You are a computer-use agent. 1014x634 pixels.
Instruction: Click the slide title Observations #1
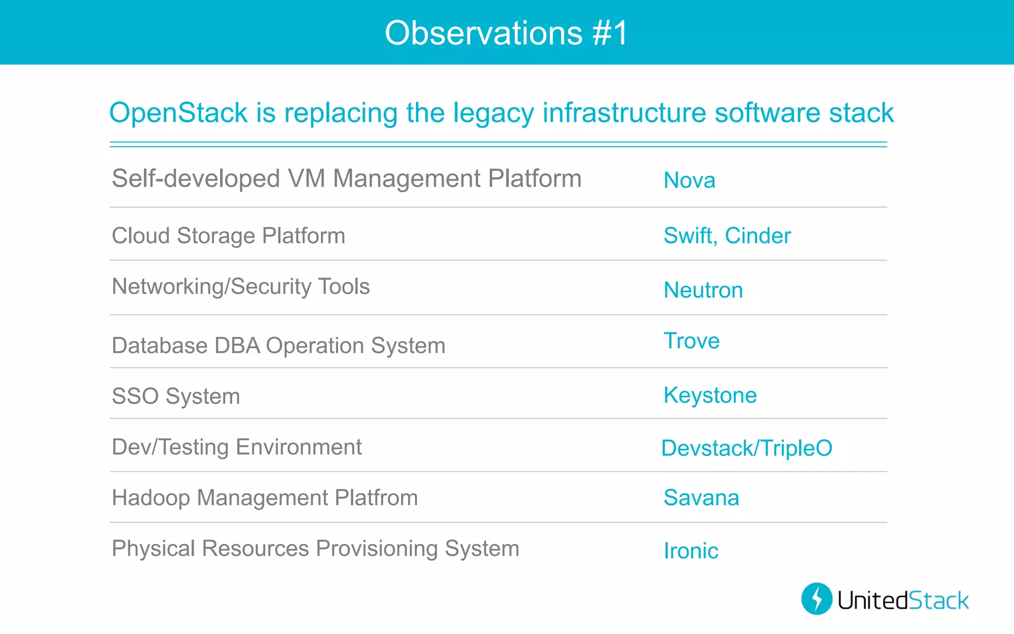coord(506,33)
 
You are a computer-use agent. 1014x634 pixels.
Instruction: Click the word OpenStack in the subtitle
coord(178,113)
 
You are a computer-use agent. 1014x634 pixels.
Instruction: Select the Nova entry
coord(689,180)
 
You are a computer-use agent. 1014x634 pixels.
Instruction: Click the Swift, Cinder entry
coord(727,236)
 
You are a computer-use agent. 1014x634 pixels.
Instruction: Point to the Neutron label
coord(703,290)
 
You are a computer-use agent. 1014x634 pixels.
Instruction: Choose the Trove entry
coord(691,341)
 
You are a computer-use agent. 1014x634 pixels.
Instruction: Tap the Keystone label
coord(710,395)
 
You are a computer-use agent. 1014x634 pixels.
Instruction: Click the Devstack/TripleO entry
coord(747,448)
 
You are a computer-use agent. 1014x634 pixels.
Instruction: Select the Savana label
coord(701,498)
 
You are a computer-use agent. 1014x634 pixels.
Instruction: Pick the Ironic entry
coord(691,551)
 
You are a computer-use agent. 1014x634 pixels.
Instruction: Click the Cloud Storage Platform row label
coord(228,236)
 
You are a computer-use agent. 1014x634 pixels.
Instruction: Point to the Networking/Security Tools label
coord(241,287)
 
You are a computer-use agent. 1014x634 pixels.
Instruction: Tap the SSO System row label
coord(176,396)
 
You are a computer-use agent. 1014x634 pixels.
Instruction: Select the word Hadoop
coord(151,498)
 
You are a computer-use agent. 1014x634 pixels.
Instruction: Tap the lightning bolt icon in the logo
coord(817,599)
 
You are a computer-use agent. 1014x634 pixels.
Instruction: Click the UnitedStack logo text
coord(903,600)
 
